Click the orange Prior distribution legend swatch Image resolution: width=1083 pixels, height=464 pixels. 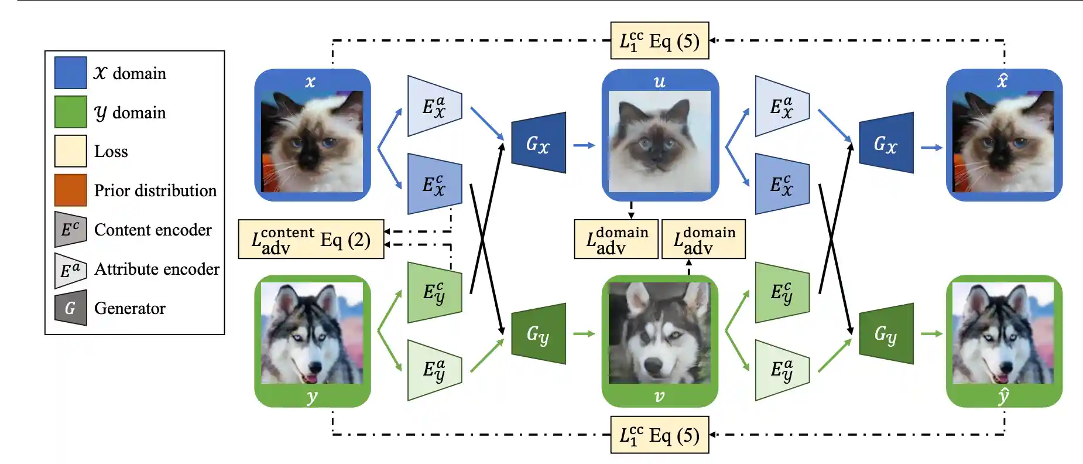(x=70, y=190)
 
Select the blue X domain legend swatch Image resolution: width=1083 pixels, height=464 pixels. (x=70, y=73)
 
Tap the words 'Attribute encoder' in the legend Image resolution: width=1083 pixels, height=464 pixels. (x=157, y=269)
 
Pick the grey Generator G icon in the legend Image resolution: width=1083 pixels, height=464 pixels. (x=70, y=308)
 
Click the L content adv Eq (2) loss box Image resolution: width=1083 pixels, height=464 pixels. (x=311, y=239)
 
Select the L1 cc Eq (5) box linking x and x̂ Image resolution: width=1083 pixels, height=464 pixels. (x=659, y=41)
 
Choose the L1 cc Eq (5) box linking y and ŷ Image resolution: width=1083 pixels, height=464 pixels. (x=659, y=435)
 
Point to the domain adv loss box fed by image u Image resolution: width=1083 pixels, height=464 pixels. (x=616, y=239)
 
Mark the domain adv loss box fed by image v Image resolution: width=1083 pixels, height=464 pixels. (x=703, y=239)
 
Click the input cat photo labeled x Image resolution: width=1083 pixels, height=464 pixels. (x=312, y=141)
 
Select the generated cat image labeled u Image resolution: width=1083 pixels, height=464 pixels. (x=660, y=141)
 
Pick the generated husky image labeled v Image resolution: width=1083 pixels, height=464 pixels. (x=660, y=333)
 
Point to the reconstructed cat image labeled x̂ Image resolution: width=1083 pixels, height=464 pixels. (x=1003, y=141)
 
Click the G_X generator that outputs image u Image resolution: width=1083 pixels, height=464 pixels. (x=539, y=143)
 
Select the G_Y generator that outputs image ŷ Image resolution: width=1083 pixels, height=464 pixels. (x=886, y=334)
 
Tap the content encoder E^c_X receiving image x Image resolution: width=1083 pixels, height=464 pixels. (x=434, y=185)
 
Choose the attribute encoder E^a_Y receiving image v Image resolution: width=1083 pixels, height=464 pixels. (x=782, y=370)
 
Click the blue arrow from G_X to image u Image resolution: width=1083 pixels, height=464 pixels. (x=584, y=145)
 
